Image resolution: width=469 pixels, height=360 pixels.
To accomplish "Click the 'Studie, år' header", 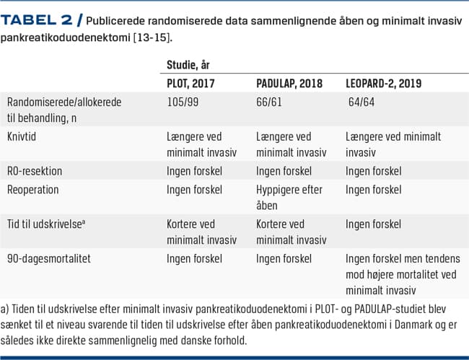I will click(188, 65).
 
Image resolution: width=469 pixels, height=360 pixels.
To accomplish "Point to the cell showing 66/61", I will click(268, 102).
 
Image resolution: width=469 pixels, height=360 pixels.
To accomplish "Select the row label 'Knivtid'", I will click(24, 136).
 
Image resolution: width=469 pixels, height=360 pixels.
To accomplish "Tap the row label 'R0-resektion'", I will click(35, 171).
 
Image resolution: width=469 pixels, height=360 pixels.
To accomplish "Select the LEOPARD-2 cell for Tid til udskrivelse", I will click(374, 224).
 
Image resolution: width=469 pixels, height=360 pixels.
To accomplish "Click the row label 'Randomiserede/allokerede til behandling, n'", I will click(63, 109).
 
